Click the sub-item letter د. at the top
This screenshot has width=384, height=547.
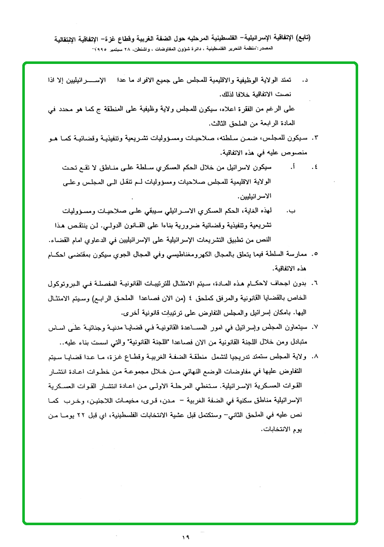coord(306,80)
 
